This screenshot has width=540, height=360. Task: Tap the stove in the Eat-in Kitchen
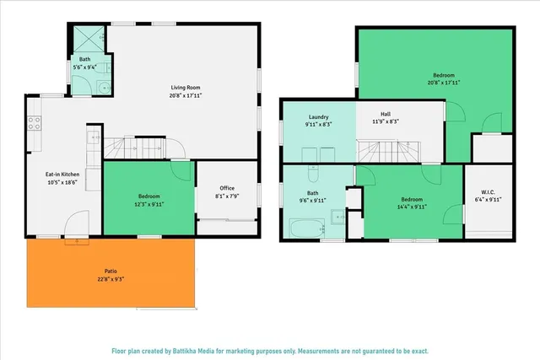35,124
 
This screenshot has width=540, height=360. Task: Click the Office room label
227,188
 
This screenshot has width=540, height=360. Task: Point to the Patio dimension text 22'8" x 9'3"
110,277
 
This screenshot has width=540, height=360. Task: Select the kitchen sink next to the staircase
91,139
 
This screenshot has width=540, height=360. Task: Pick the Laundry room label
318,117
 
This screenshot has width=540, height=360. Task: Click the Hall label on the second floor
386,114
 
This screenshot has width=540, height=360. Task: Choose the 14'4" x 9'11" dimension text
410,207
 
